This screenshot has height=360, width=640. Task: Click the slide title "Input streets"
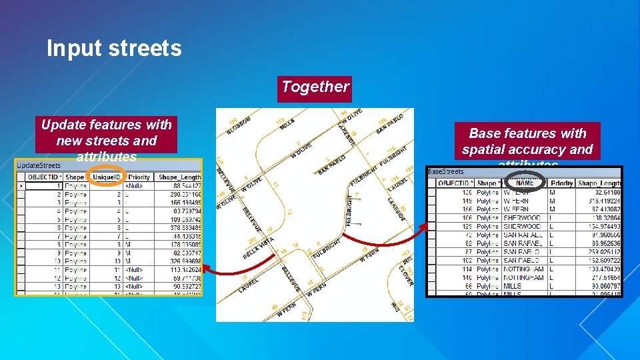pos(114,49)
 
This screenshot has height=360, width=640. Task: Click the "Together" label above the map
pos(315,87)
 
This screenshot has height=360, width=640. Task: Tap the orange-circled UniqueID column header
pos(107,177)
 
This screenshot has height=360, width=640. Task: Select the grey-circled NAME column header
pos(525,183)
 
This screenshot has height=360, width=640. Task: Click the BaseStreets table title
pos(446,172)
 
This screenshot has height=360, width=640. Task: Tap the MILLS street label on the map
pos(287,124)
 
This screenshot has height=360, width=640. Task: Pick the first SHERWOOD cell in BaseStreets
pos(522,217)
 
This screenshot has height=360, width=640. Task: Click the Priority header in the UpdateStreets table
pos(139,177)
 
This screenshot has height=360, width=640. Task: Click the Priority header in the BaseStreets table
pos(561,183)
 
